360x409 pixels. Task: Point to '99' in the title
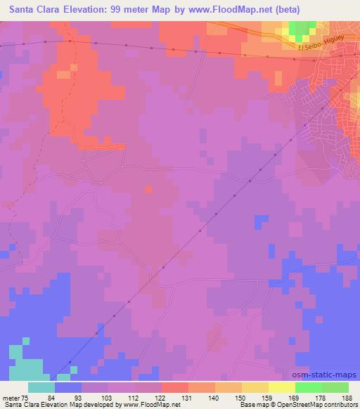point(125,10)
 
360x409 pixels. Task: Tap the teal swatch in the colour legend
point(41,387)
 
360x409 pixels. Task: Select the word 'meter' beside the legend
point(12,398)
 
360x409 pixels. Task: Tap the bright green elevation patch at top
point(302,29)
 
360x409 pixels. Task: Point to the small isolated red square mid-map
point(148,189)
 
